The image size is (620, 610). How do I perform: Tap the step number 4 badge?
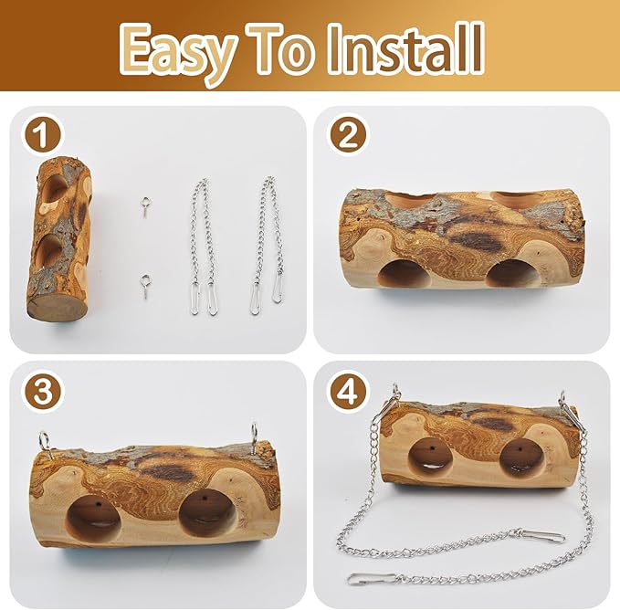346,392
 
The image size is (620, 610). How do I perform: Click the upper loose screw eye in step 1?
145,205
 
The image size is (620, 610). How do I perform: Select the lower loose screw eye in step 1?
145,286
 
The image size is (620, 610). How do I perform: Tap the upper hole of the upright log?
55,188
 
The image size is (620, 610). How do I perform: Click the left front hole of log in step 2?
405,274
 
